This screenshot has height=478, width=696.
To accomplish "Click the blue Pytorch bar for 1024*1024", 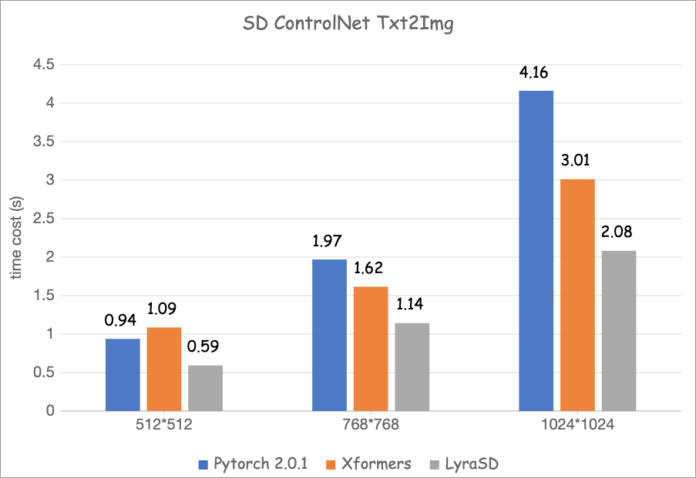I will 536,251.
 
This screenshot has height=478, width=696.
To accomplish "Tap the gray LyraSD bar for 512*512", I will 205,388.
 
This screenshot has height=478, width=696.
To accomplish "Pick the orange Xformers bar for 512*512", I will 163,369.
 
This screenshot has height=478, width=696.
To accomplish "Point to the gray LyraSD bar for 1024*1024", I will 619,331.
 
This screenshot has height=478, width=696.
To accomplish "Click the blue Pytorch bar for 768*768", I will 329,335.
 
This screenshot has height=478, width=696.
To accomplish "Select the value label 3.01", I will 577,162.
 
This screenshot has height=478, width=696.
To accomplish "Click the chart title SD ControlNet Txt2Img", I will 348,23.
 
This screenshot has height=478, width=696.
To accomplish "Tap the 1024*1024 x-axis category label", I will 577,425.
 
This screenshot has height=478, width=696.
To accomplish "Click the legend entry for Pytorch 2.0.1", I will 250,463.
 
